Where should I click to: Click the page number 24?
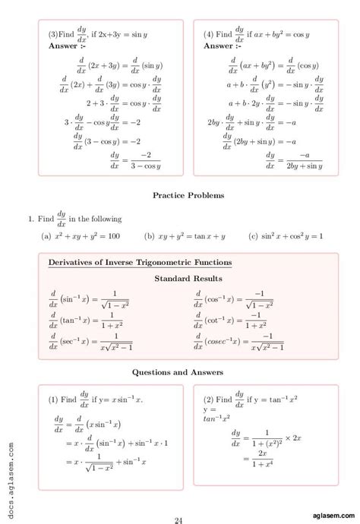point(180,499)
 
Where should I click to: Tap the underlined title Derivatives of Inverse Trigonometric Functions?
point(141,263)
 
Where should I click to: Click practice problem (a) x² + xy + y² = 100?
point(81,236)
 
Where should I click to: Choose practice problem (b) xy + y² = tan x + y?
point(185,236)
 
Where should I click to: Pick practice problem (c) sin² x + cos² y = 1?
point(286,236)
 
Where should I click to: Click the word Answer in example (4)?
point(218,46)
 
